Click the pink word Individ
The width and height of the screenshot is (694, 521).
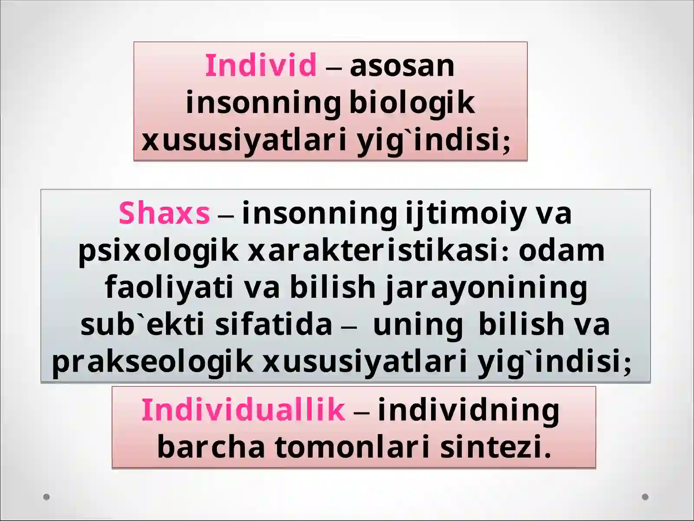point(261,66)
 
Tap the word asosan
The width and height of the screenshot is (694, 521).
point(402,66)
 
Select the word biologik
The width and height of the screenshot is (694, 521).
point(412,103)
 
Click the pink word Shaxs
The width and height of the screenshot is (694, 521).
point(164,213)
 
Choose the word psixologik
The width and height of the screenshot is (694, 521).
point(158,251)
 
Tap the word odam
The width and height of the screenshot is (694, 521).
point(561,251)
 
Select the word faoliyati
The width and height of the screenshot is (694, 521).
point(169,287)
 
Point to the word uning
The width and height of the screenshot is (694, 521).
point(417,325)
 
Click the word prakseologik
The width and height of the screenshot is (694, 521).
point(152,362)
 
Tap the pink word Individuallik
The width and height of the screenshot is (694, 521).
point(243,409)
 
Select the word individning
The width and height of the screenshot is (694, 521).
point(468,409)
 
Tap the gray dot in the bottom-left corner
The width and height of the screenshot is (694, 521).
point(47,497)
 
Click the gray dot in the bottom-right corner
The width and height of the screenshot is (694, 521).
point(645,497)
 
